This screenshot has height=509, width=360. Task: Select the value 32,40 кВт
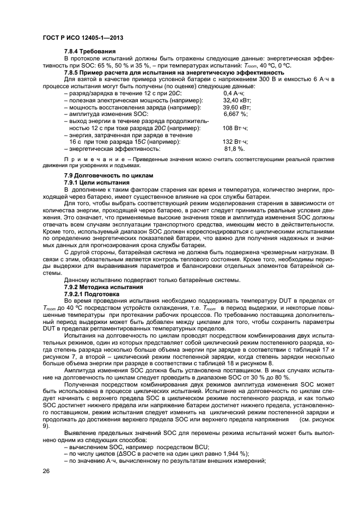pyautogui.click(x=237, y=101)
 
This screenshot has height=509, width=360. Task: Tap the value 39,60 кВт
pyautogui.click(x=237, y=107)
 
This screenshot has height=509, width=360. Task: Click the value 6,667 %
pyautogui.click(x=235, y=114)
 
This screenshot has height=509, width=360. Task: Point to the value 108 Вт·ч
pyautogui.click(x=235, y=128)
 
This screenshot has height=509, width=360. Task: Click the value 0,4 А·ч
pyautogui.click(x=235, y=94)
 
